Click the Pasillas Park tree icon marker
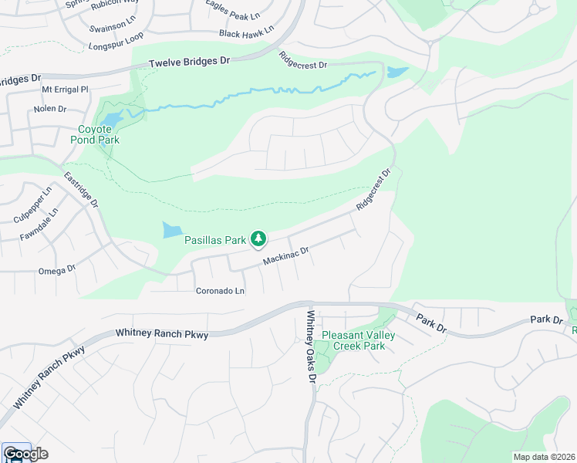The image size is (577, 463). point(259,240)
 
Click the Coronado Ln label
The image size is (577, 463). point(220,291)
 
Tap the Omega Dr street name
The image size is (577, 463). point(57,270)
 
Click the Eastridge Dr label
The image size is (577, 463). point(81,190)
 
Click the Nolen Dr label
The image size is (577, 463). point(49,109)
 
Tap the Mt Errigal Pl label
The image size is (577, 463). point(66,90)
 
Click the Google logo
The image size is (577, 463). point(25,454)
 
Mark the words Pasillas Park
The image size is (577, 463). point(214,240)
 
